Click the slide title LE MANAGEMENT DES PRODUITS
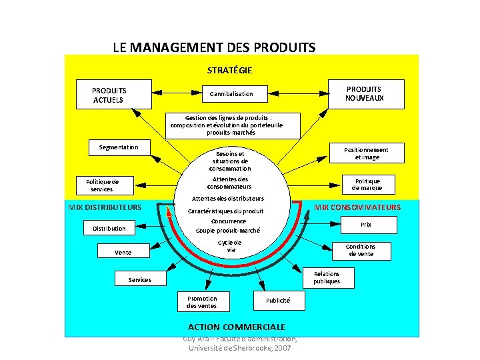(214, 47)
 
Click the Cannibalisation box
(236, 94)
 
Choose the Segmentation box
(119, 147)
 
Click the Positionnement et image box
(365, 153)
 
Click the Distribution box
(109, 229)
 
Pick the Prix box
(366, 225)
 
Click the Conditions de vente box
(360, 250)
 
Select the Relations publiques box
(326, 277)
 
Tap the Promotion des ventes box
(202, 302)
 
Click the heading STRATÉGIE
(229, 69)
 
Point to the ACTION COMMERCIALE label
(237, 327)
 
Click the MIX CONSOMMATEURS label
(357, 207)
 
